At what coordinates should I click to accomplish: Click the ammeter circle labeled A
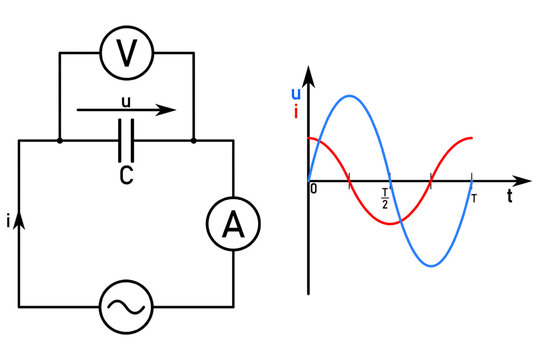[x=233, y=227]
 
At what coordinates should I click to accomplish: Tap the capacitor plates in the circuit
[x=126, y=141]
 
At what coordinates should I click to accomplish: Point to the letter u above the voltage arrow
[x=125, y=101]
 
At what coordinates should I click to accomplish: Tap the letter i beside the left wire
[x=8, y=224]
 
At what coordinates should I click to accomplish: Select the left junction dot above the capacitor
[x=60, y=141]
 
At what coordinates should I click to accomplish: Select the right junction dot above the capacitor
[x=193, y=141]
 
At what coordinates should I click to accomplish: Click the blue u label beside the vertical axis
[x=295, y=94]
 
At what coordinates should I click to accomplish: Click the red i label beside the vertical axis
[x=295, y=112]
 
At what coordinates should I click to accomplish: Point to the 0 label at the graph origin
[x=314, y=189]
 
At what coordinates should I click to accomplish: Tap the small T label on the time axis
[x=473, y=197]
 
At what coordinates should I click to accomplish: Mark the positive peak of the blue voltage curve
[x=349, y=96]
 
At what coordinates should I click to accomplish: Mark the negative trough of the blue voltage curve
[x=431, y=266]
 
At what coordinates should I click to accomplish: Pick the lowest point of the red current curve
[x=390, y=222]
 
